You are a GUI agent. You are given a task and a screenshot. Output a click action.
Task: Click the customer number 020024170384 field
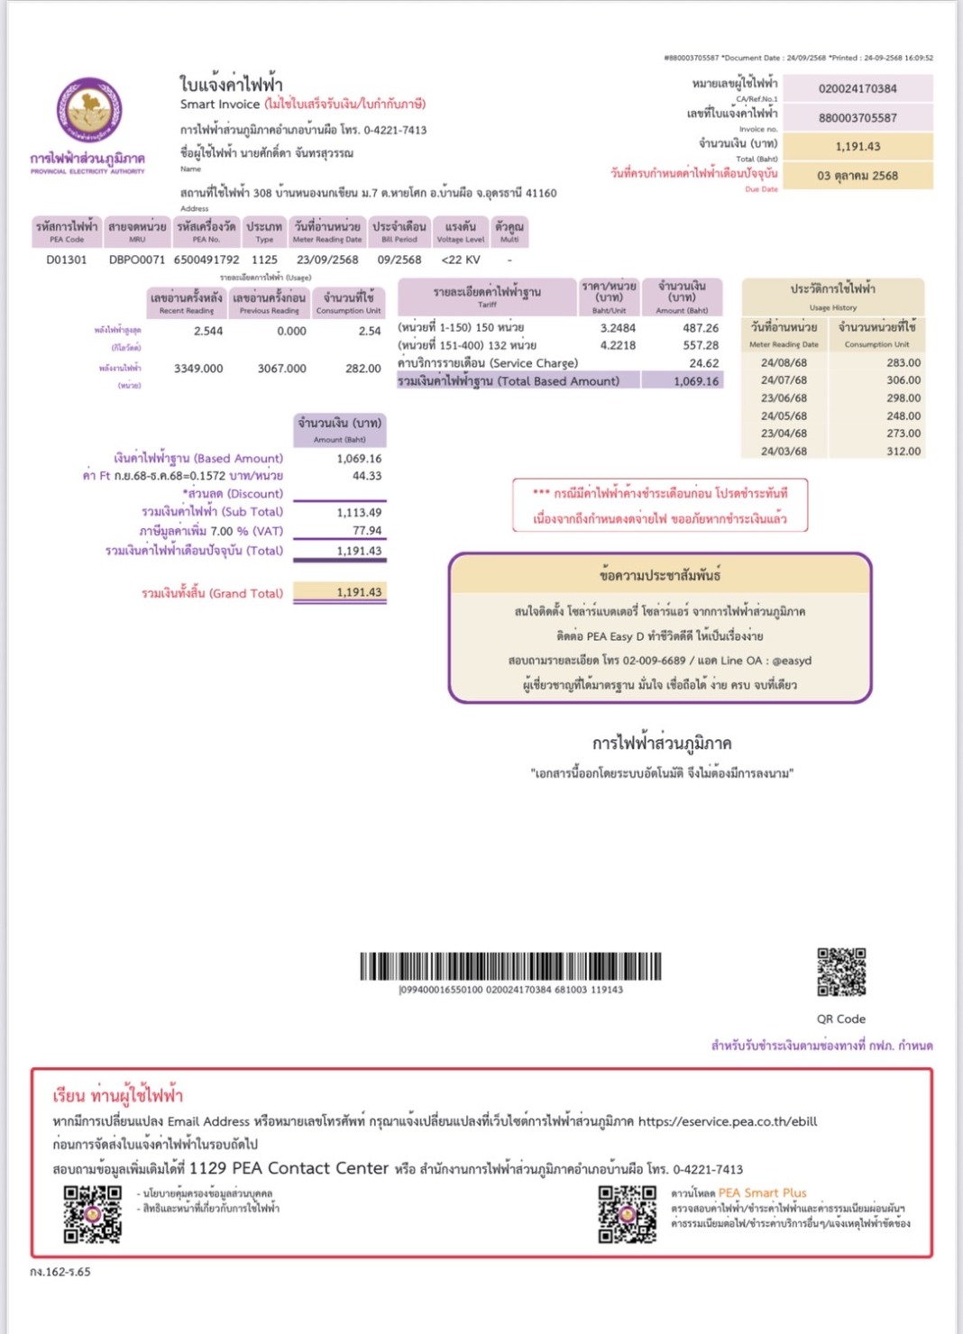pos(858,88)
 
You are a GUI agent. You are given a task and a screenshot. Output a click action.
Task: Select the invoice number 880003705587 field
pos(858,117)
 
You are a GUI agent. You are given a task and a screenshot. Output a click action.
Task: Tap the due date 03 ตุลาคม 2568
pos(858,175)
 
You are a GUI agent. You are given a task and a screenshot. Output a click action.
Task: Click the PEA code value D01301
pos(67,260)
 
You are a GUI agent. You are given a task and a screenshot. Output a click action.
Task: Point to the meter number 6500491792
pos(206,260)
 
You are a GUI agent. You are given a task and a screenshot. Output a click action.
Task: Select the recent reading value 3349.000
pos(198,369)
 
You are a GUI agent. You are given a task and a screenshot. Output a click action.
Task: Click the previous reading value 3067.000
pos(281,369)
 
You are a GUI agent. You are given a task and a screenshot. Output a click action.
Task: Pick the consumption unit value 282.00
pos(362,369)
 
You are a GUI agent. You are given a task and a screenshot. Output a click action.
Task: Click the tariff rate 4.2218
pos(618,345)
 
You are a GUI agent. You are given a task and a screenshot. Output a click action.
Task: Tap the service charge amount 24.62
pos(703,363)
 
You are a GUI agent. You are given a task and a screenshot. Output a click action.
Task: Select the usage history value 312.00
pos(903,452)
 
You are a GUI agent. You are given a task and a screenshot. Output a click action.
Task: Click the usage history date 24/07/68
pos(784,380)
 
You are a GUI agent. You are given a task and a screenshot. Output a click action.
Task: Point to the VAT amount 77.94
pos(366,531)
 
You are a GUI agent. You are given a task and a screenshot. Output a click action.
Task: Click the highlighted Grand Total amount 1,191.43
pos(359,592)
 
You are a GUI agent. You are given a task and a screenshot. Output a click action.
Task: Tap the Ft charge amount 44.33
pos(366,476)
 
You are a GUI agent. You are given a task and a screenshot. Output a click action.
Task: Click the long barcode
pos(510,966)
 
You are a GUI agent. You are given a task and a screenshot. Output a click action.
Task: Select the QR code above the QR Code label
pos(841,972)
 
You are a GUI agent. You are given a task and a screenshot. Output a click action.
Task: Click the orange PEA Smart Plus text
pos(762,1192)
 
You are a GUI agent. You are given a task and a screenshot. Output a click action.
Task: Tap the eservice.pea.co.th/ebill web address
pos(728,1121)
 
